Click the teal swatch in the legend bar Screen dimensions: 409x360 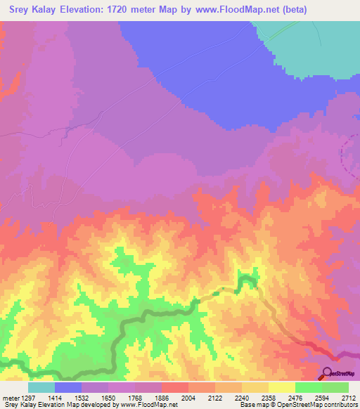(41, 387)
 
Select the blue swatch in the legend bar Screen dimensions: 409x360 (68, 387)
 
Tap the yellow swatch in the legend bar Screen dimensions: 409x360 (282, 387)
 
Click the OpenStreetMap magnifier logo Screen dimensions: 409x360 (326, 372)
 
